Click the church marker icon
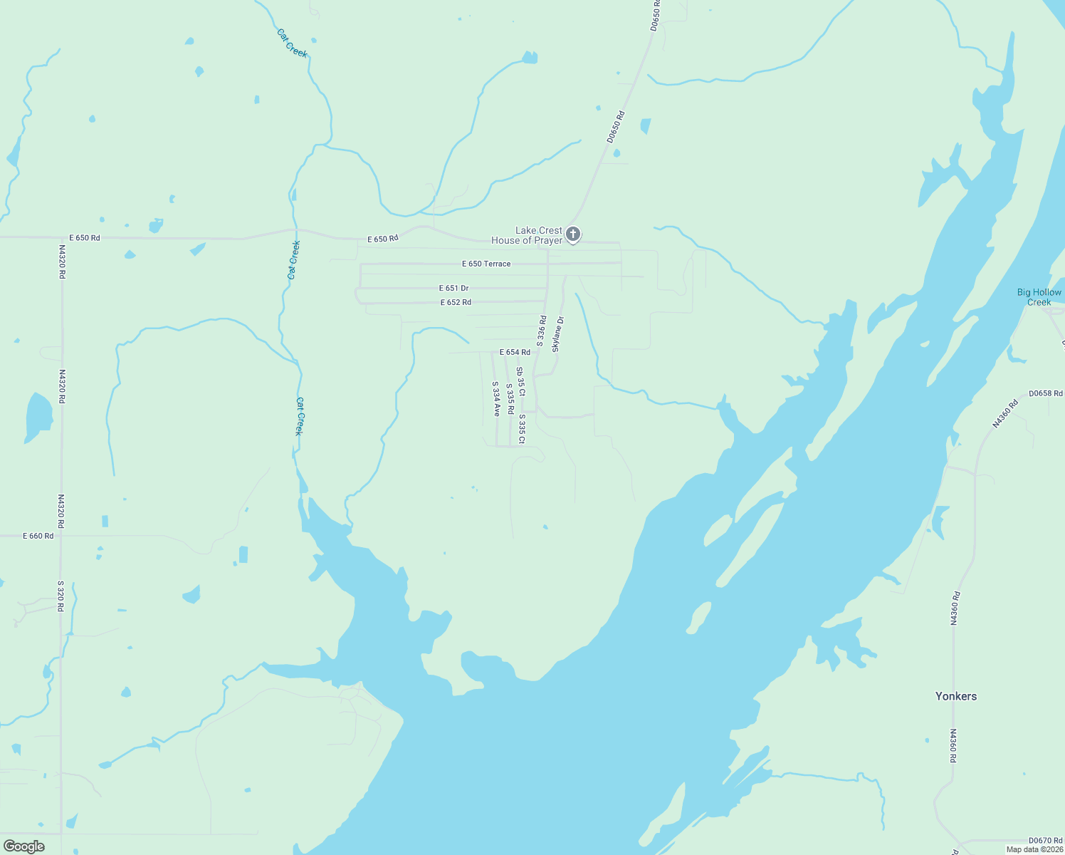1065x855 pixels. [x=573, y=234]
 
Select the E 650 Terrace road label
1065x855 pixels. [x=486, y=264]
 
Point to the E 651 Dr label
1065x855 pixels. [x=454, y=289]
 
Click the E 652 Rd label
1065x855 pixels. [x=456, y=302]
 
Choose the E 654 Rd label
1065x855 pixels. [x=515, y=352]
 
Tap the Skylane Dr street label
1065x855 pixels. [x=558, y=334]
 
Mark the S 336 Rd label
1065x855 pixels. [x=542, y=331]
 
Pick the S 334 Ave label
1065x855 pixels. [x=496, y=398]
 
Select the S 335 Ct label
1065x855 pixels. [x=522, y=429]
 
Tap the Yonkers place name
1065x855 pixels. [x=956, y=696]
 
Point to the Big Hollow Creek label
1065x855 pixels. [x=1039, y=297]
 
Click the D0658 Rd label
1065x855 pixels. [x=1046, y=393]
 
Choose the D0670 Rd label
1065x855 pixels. [x=1045, y=841]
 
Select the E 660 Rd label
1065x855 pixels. [x=38, y=536]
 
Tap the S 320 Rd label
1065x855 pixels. [x=61, y=596]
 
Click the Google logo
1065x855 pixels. [x=23, y=846]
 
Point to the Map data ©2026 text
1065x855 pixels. [x=1034, y=849]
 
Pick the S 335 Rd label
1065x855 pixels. [x=510, y=400]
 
